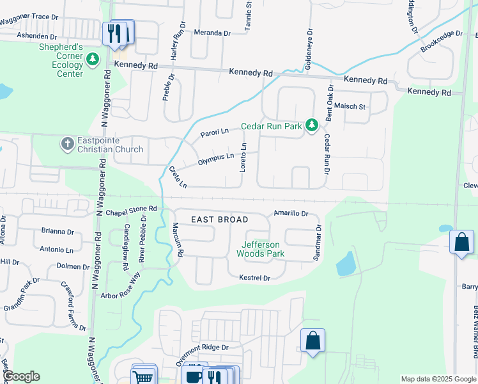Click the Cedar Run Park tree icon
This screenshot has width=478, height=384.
tap(311, 125)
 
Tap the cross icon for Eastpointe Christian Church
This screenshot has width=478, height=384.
tap(68, 143)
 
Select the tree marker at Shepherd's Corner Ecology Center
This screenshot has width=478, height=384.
tap(93, 60)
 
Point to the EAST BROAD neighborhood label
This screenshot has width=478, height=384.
tap(220, 220)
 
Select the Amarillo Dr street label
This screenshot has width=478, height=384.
tap(291, 213)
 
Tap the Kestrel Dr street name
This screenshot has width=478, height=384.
tap(255, 278)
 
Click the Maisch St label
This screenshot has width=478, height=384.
tap(350, 106)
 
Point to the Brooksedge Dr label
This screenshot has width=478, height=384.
tap(442, 42)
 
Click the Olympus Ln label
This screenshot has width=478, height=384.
tap(215, 157)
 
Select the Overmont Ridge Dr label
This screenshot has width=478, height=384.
tap(202, 352)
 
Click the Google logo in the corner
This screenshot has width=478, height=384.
tap(20, 376)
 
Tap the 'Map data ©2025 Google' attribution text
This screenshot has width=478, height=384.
tap(437, 379)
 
